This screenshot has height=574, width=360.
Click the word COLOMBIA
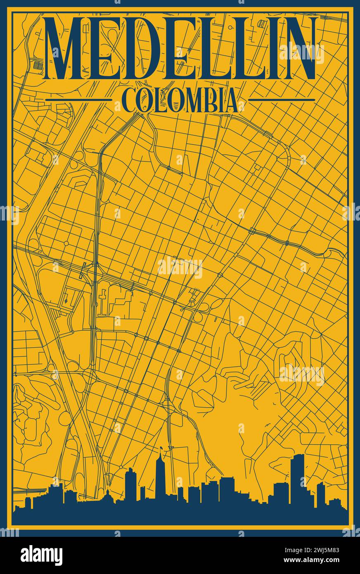[x=180, y=100]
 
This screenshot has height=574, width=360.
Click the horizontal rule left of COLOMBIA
[x=78, y=100]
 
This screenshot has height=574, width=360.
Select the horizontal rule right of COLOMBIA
[x=282, y=100]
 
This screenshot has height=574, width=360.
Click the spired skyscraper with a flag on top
[x=161, y=475]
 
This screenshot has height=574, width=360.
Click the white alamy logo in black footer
[x=41, y=555]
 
